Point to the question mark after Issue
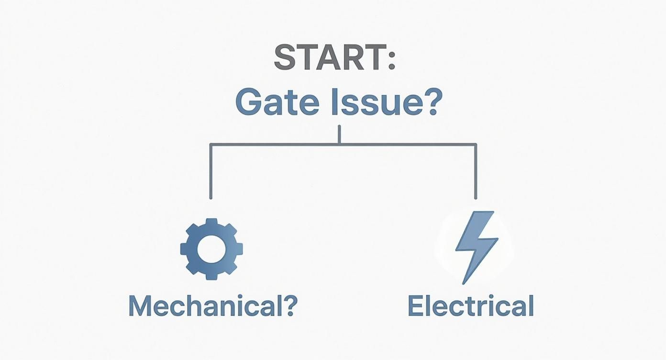coord(430,101)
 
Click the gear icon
coord(211,249)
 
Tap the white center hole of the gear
coord(211,249)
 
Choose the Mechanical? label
coord(212,306)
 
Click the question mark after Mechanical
coord(289,305)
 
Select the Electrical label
coord(470,306)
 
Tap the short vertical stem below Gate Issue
coord(339,135)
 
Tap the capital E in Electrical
coord(416,306)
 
